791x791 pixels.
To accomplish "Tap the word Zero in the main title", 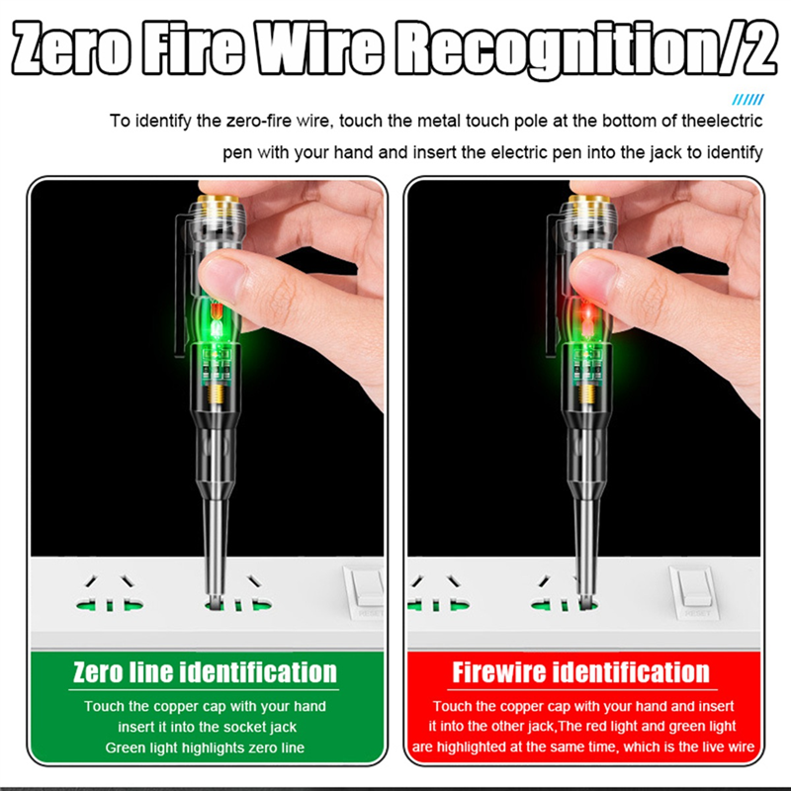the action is [x=71, y=47].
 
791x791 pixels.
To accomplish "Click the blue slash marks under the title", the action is [x=747, y=100].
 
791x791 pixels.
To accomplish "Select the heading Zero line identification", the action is [x=205, y=672].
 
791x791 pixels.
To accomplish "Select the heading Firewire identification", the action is [x=580, y=672].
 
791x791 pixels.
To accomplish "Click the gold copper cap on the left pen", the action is [x=218, y=199].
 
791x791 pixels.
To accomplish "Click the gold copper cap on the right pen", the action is [x=590, y=199].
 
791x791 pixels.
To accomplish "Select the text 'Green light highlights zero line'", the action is [x=205, y=747].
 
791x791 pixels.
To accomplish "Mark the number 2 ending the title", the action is [x=758, y=47].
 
